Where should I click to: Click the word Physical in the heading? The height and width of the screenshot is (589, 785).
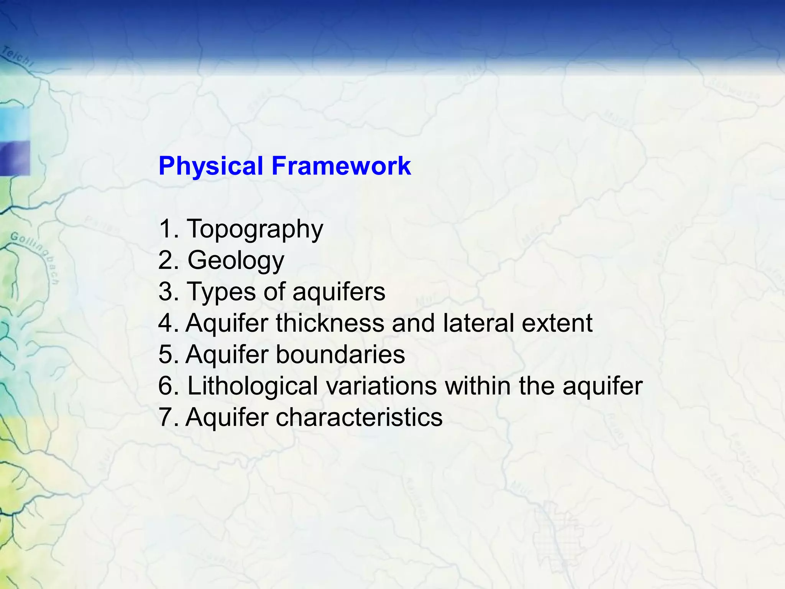click(210, 166)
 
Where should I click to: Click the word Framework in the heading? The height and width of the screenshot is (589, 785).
click(341, 166)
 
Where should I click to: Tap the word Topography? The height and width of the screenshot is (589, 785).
click(255, 229)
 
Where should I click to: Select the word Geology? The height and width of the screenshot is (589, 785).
click(236, 261)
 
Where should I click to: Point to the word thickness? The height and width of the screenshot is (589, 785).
click(330, 323)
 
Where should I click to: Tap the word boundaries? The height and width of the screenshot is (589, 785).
click(340, 354)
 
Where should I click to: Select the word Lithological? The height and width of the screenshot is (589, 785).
click(253, 386)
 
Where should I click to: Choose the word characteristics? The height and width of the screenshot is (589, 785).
click(359, 417)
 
